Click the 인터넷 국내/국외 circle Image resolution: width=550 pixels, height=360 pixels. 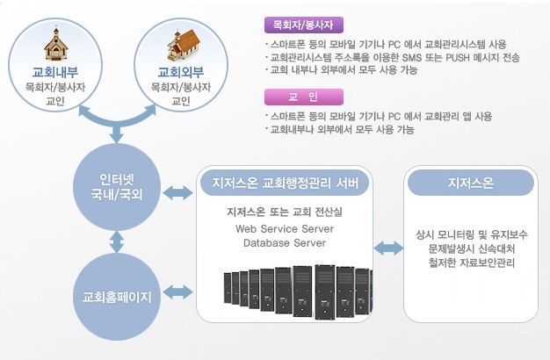(118, 185)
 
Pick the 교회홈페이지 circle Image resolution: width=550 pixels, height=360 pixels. (117, 294)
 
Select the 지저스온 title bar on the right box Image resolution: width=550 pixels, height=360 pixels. (469, 184)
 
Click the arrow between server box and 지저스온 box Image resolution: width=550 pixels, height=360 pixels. (387, 249)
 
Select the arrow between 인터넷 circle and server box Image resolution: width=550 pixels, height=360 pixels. (178, 191)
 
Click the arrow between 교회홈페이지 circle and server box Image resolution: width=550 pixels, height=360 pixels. (178, 290)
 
